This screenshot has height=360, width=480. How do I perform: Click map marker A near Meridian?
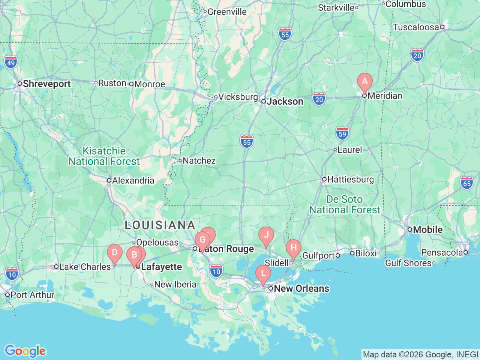(364, 81)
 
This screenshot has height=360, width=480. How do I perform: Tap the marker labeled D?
(115, 252)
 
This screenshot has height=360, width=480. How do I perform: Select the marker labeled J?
(266, 235)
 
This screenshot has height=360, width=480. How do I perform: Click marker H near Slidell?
(294, 247)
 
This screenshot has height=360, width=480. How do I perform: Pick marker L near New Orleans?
(263, 273)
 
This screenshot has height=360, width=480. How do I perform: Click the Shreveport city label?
(46, 84)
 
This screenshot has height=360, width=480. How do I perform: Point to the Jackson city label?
(285, 102)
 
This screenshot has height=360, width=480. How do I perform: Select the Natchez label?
(199, 161)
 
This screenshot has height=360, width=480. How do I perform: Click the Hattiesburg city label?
(351, 180)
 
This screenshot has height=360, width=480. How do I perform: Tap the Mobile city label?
(427, 229)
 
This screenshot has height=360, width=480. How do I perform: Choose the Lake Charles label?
(85, 267)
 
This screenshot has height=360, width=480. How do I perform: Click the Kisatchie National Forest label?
(104, 156)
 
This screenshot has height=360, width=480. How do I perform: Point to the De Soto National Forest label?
(345, 205)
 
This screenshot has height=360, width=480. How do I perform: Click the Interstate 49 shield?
(11, 63)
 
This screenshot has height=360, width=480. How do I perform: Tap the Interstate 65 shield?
(467, 183)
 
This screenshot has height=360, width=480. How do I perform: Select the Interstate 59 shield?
(342, 133)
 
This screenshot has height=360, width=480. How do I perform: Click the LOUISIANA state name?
(160, 225)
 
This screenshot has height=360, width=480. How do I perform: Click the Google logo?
(25, 351)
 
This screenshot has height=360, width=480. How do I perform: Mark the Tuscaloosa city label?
(415, 27)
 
